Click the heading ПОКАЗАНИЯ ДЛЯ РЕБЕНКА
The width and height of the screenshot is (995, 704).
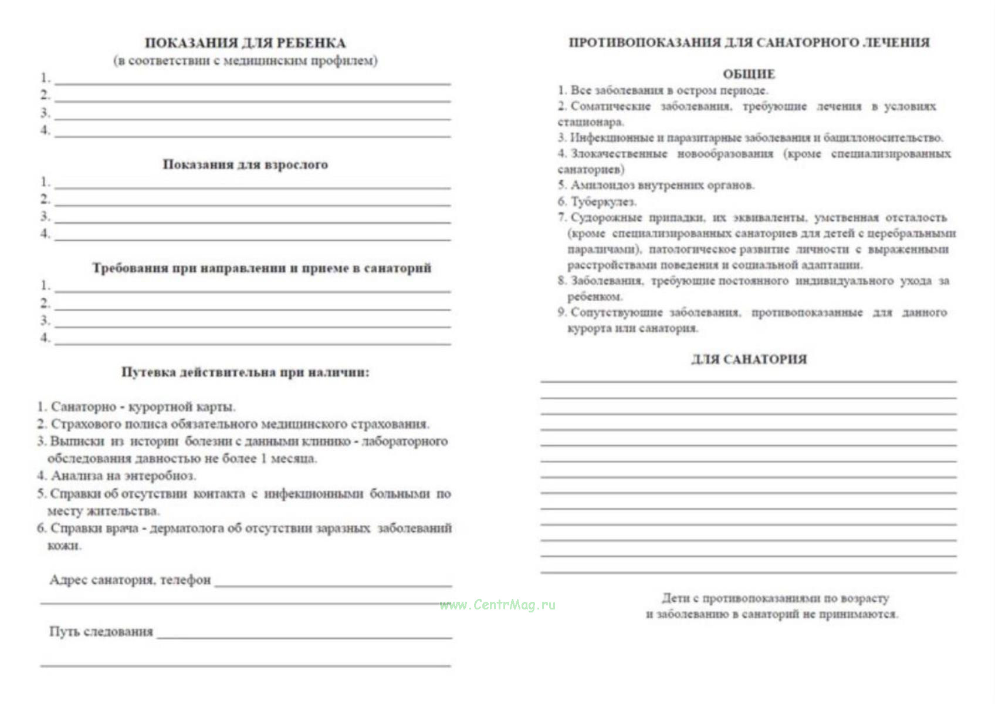click(x=245, y=43)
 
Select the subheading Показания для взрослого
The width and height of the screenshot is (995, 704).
click(x=245, y=164)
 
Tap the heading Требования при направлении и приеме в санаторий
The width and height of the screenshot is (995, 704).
click(x=262, y=268)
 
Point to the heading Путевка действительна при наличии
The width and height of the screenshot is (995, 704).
click(x=245, y=372)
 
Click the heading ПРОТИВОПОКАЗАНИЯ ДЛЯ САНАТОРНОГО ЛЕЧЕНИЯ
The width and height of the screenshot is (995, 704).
click(x=749, y=42)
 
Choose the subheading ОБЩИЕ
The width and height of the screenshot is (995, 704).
click(x=749, y=74)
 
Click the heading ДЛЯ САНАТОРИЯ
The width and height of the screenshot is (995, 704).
click(x=749, y=359)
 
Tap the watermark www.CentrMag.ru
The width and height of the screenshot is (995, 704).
click(x=497, y=605)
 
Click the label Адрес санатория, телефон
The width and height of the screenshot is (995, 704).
click(x=130, y=580)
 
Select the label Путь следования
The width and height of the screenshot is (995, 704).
click(x=101, y=632)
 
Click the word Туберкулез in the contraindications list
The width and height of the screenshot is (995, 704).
click(x=603, y=201)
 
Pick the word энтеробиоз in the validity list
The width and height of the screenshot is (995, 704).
click(x=160, y=476)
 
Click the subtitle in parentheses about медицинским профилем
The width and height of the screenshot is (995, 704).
click(x=245, y=60)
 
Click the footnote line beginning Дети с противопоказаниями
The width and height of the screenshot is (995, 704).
click(x=775, y=598)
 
